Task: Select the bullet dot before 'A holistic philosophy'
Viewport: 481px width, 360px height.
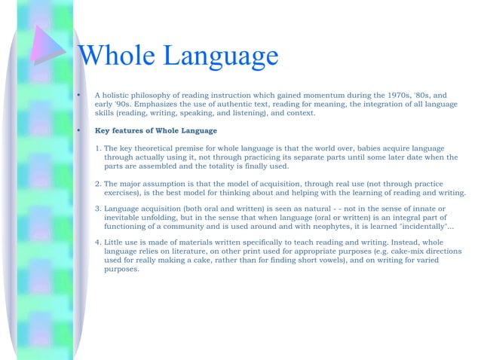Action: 78,96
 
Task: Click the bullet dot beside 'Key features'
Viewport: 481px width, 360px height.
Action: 78,130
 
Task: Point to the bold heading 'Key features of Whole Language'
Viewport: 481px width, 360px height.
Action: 155,130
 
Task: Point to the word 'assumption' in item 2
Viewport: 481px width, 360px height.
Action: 172,183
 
